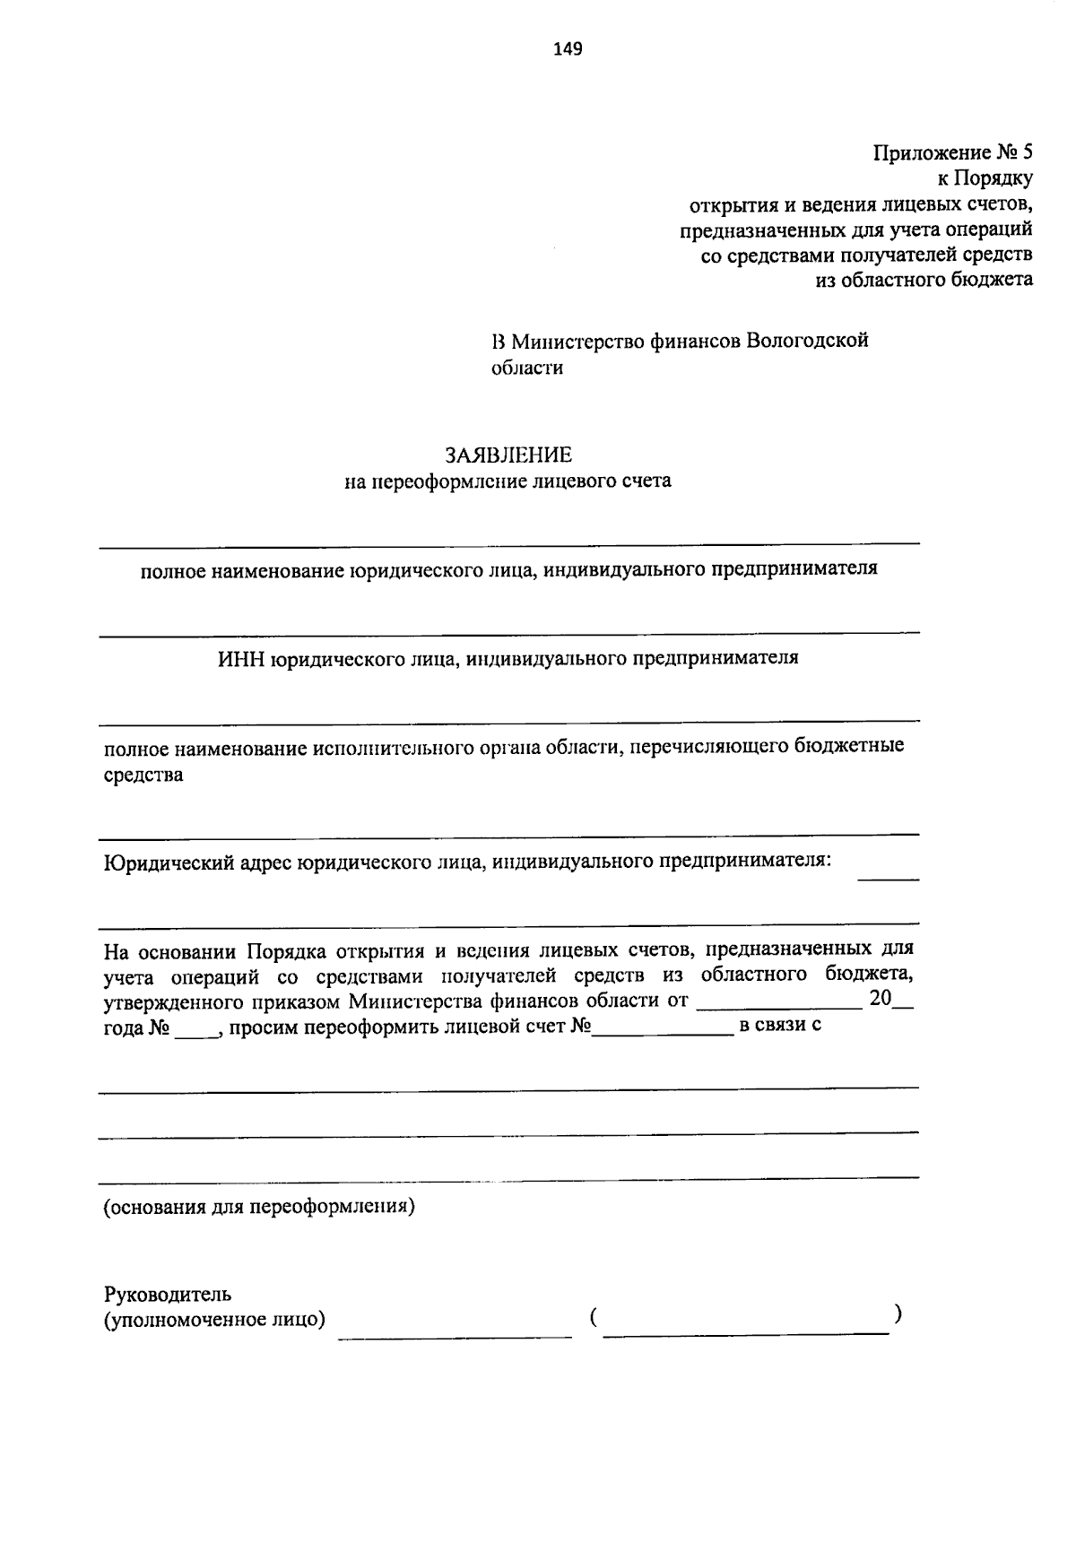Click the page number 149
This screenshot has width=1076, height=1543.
coord(568,48)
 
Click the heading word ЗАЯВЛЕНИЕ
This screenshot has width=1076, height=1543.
coord(508,455)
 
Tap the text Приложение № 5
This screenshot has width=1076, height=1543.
coord(953,152)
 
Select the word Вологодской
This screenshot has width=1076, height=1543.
coord(807,341)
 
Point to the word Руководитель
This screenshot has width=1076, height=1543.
coord(168,1294)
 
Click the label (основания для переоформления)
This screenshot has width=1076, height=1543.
coord(259,1206)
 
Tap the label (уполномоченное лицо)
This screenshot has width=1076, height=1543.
coord(214,1319)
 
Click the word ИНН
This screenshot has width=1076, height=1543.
coord(241,658)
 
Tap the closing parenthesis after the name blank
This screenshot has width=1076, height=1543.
coord(898,1314)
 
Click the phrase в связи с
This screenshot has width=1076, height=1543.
coord(779,1025)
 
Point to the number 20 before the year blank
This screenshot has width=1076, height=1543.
coord(880,999)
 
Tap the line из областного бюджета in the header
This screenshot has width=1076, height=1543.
coord(924,280)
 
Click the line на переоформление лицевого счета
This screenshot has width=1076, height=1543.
coord(508,481)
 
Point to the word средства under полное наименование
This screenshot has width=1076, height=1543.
coord(143,775)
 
